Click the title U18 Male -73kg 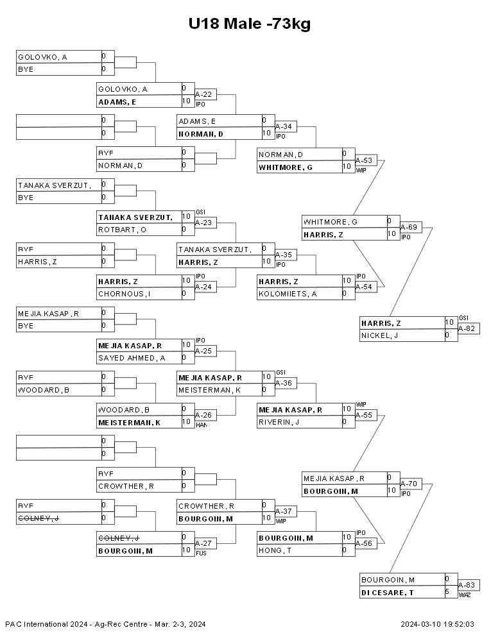(x=250, y=24)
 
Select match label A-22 (x=203, y=94)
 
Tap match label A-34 (x=284, y=126)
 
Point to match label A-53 (x=364, y=160)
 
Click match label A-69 (x=409, y=227)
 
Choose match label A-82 (x=467, y=328)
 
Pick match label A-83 (x=467, y=585)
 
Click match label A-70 (x=409, y=484)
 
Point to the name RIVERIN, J (x=279, y=422)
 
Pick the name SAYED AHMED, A (x=132, y=358)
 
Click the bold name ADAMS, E (x=117, y=102)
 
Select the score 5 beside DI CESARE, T (x=447, y=591)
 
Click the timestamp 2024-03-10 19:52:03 (x=438, y=624)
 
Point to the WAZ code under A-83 (x=465, y=595)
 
